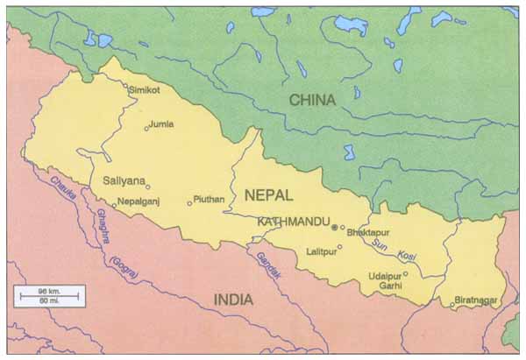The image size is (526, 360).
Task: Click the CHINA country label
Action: coord(313,100)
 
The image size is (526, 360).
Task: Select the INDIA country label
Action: coord(234,300)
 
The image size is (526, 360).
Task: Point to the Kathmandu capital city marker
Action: coord(334,227)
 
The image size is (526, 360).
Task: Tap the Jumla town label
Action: coord(161,124)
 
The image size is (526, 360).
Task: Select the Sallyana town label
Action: coord(122,180)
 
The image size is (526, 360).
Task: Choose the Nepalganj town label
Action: coord(144,201)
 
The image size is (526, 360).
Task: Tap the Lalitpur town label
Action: coord(321,251)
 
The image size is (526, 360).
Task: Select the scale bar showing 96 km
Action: coord(48,296)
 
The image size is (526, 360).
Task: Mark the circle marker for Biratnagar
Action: coord(452,305)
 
